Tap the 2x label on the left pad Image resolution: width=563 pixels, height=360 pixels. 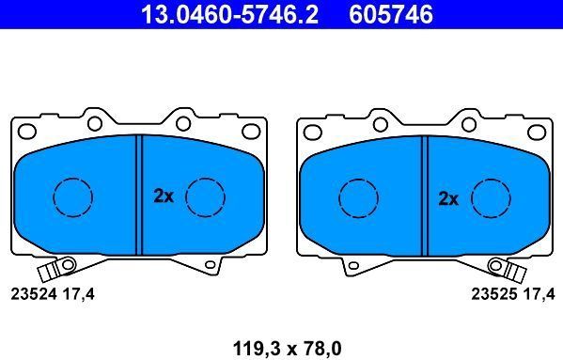click(x=164, y=196)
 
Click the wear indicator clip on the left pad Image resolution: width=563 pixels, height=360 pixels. click(x=64, y=269)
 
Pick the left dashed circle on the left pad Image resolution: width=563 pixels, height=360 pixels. click(x=72, y=196)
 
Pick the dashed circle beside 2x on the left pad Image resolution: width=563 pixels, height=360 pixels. click(x=205, y=196)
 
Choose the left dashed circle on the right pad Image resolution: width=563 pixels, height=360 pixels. click(x=357, y=196)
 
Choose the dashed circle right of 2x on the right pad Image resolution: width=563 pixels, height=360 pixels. click(x=490, y=196)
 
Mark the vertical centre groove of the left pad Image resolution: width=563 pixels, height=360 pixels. click(x=139, y=195)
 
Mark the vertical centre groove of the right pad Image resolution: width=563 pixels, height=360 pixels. click(x=424, y=195)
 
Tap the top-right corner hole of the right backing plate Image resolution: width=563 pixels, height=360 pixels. click(x=532, y=131)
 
